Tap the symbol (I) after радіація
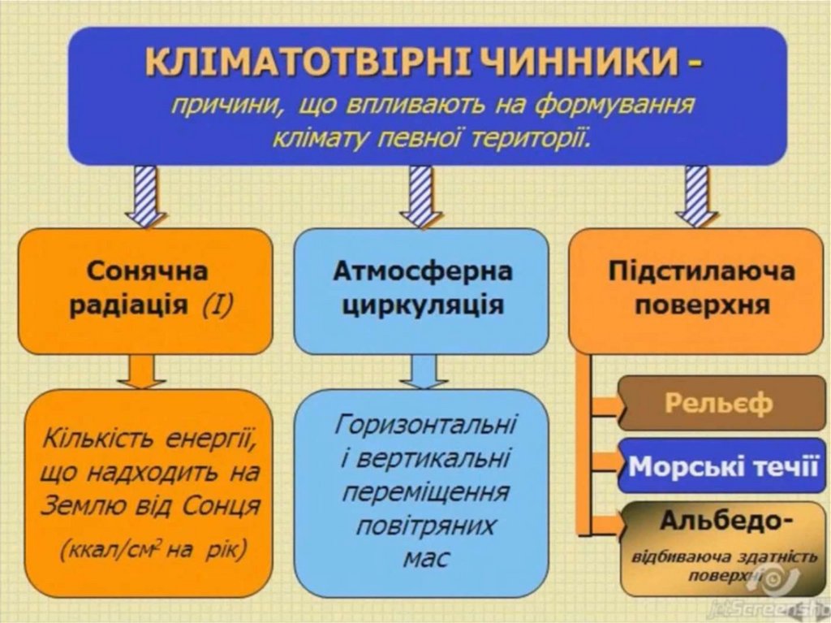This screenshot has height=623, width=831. tap(218, 306)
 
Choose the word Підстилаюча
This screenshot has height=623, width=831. tap(701, 270)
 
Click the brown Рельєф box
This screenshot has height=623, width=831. tap(719, 403)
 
